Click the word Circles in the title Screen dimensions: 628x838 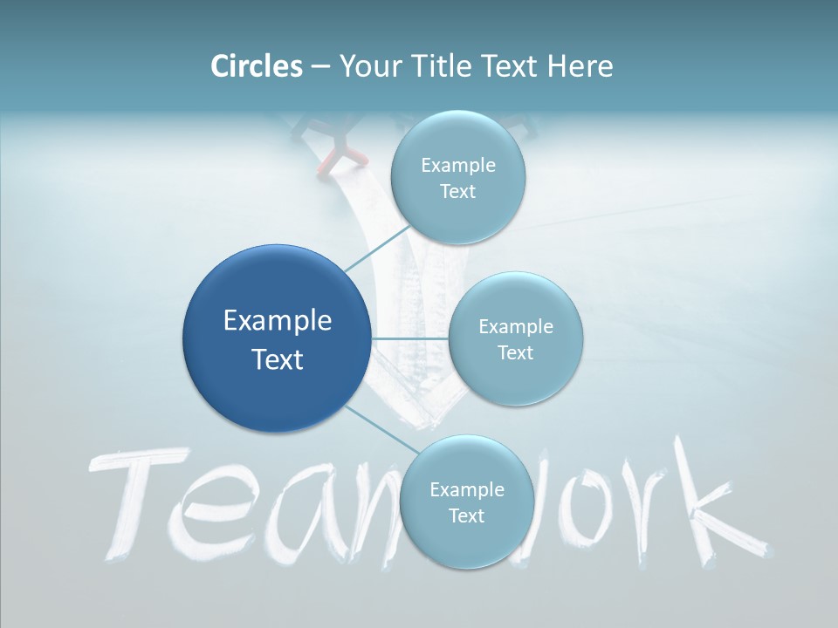pos(257,65)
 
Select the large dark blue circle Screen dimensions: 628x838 pos(276,338)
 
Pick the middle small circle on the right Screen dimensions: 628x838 pos(515,338)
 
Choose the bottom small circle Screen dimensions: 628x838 pos(466,502)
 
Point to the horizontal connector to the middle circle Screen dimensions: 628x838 pos(410,338)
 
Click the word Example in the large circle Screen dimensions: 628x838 pos(278,321)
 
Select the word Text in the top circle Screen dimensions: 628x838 pos(457,192)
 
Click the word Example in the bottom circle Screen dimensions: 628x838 pos(466,490)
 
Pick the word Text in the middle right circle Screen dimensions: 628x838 pos(515,353)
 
